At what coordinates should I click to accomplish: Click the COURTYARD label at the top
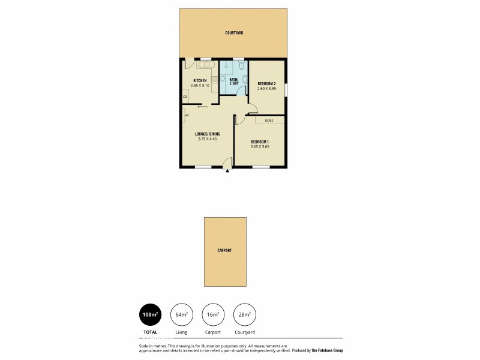tap(234, 33)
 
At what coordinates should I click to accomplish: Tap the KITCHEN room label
tap(200, 81)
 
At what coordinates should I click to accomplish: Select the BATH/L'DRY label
tap(234, 81)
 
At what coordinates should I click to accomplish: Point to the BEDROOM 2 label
tap(266, 83)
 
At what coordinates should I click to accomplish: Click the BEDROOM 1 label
tap(260, 142)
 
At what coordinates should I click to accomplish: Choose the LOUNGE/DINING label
tap(207, 133)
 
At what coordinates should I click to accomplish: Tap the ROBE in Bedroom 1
tap(269, 121)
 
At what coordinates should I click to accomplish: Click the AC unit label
tap(187, 115)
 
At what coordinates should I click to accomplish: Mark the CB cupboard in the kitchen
tap(185, 97)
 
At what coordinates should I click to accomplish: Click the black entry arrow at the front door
tap(228, 170)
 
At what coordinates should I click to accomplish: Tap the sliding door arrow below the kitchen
tap(202, 107)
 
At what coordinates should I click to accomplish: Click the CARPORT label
tap(225, 251)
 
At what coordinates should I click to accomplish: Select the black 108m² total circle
tap(150, 314)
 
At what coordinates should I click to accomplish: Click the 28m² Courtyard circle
tap(244, 314)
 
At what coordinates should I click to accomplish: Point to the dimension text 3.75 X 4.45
tap(207, 139)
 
